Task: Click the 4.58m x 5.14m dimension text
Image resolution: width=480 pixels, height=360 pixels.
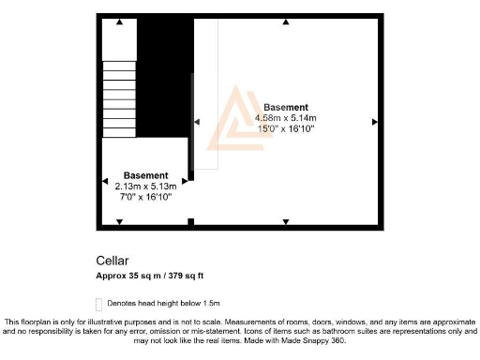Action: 287,118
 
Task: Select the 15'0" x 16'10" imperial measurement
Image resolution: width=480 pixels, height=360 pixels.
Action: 287,129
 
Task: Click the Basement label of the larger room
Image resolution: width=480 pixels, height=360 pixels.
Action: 287,107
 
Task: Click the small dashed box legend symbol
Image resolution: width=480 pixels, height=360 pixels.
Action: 100,304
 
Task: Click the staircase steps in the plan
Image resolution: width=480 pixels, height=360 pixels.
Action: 119,97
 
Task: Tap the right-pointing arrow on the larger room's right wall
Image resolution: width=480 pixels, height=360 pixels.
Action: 374,122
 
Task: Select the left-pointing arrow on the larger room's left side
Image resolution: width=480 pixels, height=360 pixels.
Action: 197,122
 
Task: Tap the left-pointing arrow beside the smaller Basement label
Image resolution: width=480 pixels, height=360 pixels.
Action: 104,181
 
